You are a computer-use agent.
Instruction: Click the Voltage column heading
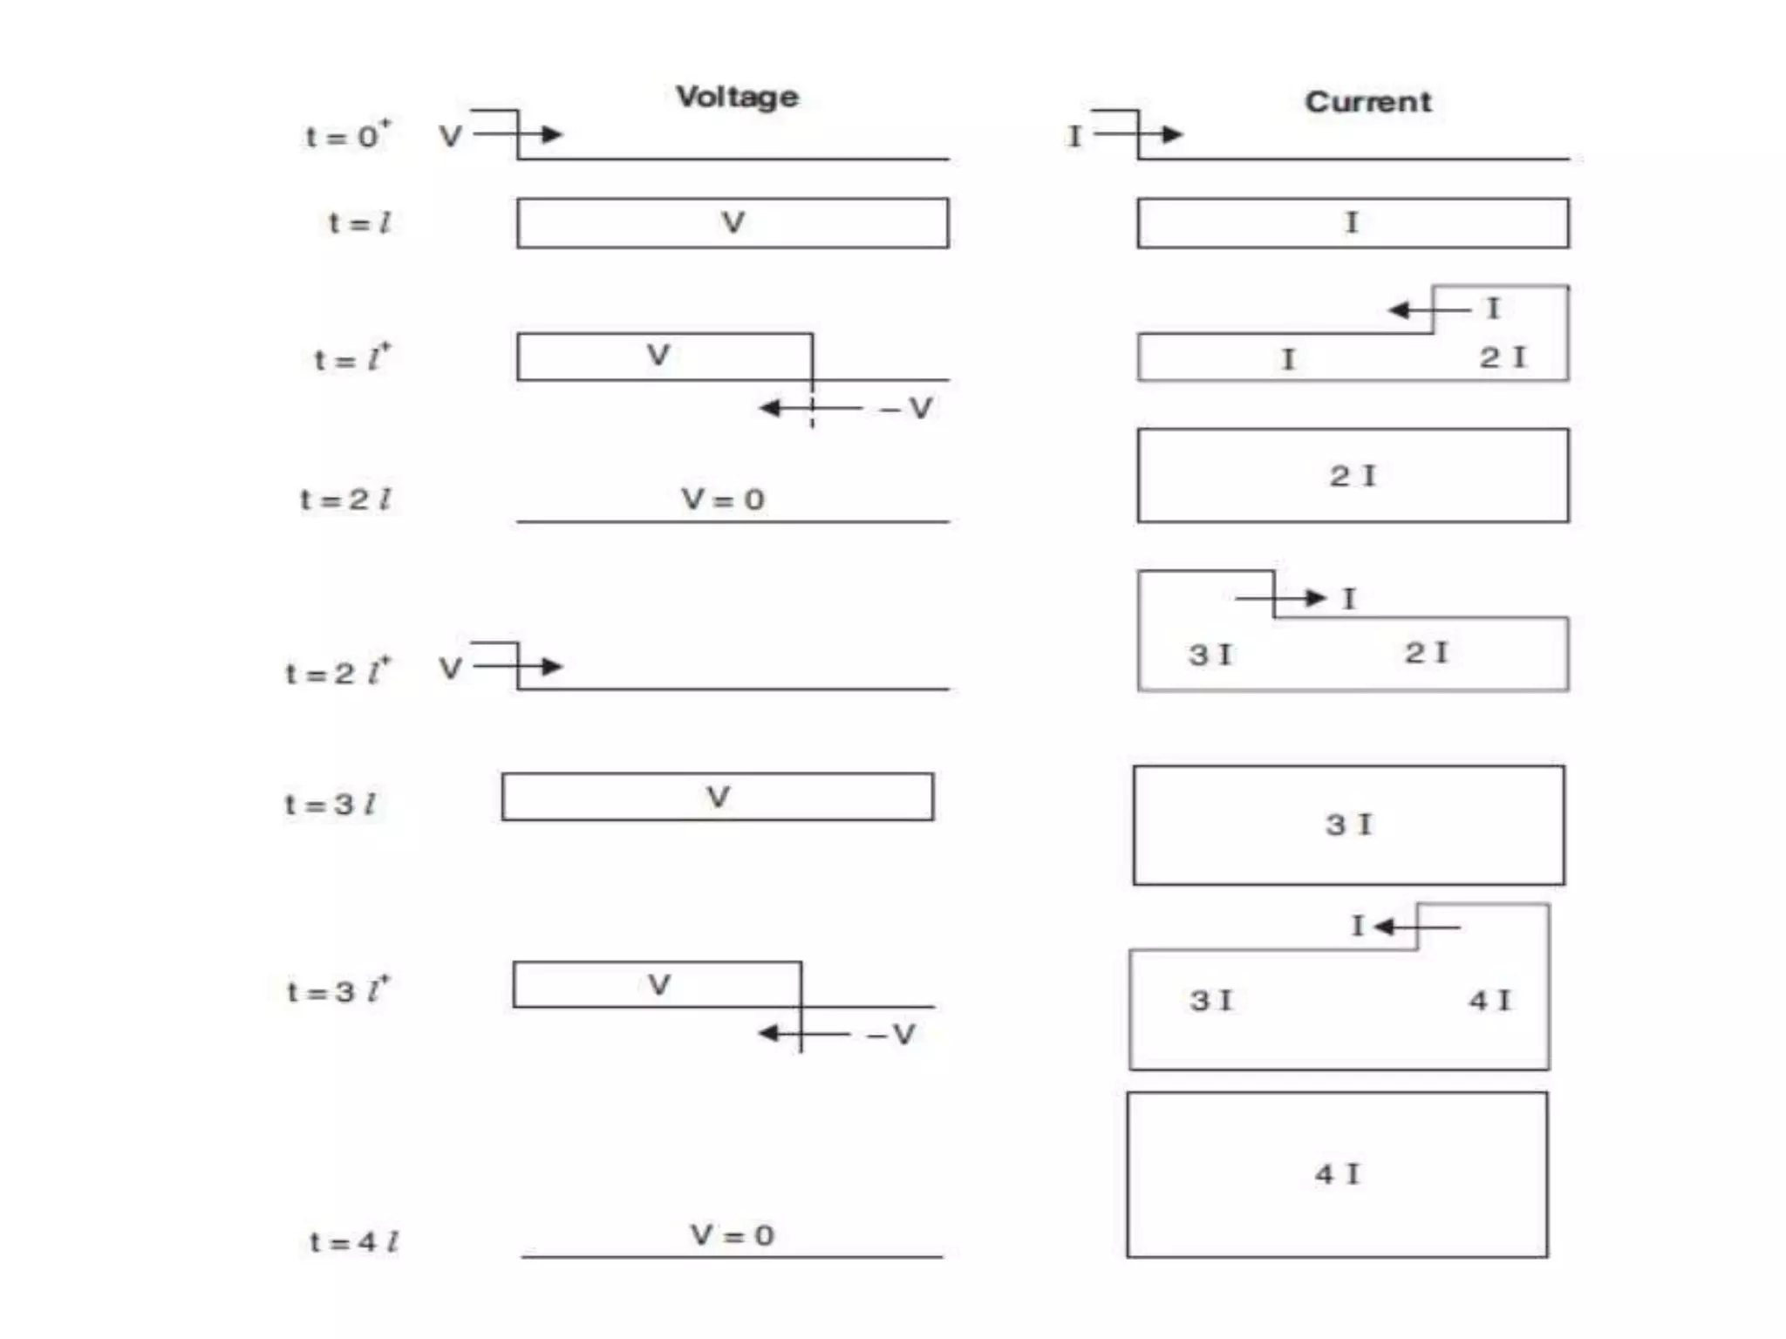(x=737, y=97)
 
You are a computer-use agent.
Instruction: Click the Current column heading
(x=1367, y=102)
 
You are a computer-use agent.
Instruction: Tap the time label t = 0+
(x=348, y=135)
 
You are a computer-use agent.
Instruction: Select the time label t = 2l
(x=345, y=500)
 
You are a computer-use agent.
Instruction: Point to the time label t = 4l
(x=354, y=1241)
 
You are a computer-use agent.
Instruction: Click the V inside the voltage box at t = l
(x=733, y=222)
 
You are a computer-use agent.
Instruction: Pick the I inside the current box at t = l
(x=1351, y=222)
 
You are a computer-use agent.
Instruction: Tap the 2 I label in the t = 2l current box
(x=1352, y=476)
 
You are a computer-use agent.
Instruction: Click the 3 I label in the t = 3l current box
(x=1348, y=825)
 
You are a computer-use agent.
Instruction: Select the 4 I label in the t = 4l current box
(x=1337, y=1174)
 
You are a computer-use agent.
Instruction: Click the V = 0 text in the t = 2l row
(x=723, y=500)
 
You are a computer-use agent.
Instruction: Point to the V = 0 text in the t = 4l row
(x=732, y=1235)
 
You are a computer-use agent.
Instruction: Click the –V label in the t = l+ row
(x=907, y=408)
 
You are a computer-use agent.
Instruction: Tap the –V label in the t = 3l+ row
(x=891, y=1035)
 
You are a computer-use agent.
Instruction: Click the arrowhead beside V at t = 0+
(x=552, y=134)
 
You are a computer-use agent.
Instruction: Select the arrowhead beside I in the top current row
(x=1172, y=134)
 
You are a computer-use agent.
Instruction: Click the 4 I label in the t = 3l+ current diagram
(x=1489, y=1000)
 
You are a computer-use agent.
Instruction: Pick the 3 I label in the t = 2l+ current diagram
(x=1210, y=654)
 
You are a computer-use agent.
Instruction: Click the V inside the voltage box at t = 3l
(x=717, y=797)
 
